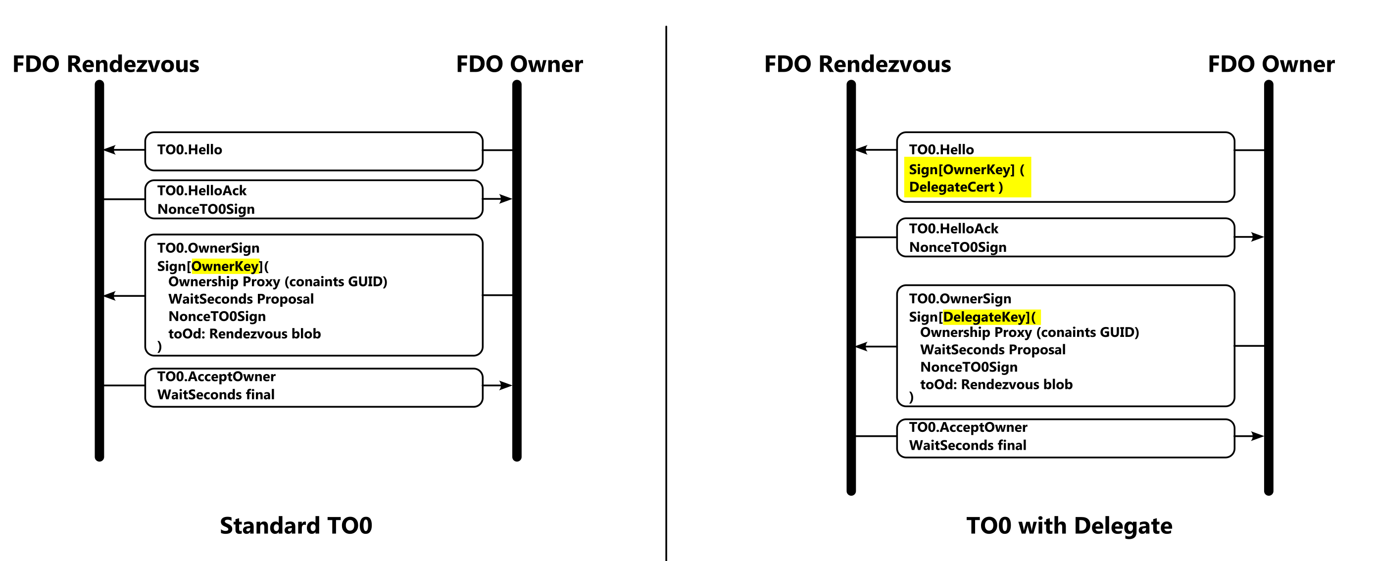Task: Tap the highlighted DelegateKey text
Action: [x=984, y=317]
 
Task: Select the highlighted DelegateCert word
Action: [x=951, y=187]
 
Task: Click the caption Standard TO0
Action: [x=296, y=526]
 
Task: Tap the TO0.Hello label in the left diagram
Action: [x=190, y=149]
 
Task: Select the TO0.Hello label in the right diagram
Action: [x=941, y=149]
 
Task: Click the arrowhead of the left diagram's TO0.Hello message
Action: [x=110, y=150]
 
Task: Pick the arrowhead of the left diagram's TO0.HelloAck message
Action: [x=505, y=199]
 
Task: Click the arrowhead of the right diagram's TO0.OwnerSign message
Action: [x=862, y=346]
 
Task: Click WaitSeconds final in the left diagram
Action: [x=216, y=394]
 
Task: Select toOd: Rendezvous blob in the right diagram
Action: [x=996, y=384]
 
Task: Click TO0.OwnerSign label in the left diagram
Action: [x=208, y=248]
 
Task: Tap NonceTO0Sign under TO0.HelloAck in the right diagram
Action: [x=957, y=247]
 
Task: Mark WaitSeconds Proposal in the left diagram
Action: [x=241, y=299]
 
